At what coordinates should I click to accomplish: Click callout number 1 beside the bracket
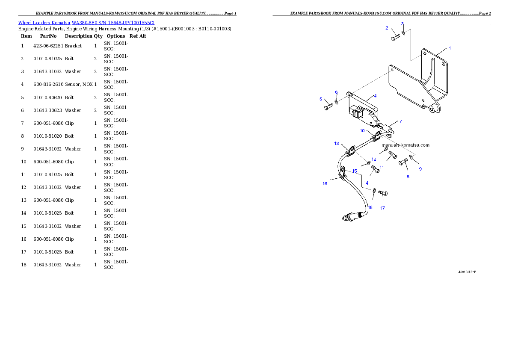(450, 48)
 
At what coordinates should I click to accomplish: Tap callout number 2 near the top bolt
(387, 28)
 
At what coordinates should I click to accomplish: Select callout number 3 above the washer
(402, 24)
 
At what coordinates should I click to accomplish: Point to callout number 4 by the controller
(375, 96)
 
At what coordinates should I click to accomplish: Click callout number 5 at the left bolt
(320, 99)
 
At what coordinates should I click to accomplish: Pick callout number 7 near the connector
(400, 121)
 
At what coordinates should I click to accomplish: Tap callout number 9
(420, 169)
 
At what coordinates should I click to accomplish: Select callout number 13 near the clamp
(337, 144)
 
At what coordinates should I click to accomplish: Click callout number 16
(325, 184)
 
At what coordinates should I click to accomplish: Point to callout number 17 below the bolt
(382, 208)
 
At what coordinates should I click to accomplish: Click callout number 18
(370, 207)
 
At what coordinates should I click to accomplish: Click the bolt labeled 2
(395, 38)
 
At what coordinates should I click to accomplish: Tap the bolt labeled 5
(328, 106)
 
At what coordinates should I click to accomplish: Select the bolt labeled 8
(403, 162)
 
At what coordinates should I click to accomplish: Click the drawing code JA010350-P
(467, 272)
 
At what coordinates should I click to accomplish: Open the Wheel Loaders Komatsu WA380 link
(86, 22)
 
